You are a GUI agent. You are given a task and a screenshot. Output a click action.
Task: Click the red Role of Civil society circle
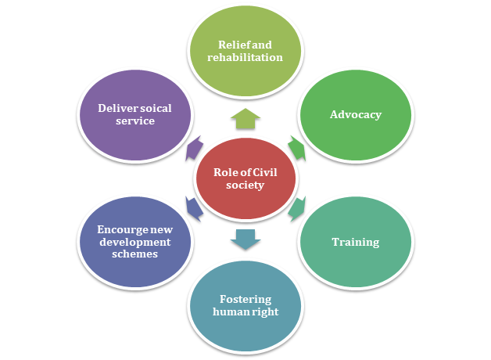246,179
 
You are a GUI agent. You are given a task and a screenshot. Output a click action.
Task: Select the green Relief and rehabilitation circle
246,51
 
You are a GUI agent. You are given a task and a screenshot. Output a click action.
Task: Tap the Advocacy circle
357,115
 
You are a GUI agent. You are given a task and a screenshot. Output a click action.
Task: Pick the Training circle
357,242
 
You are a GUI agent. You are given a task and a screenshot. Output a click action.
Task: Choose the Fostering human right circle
246,306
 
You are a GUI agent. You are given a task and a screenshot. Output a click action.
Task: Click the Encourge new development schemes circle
134,242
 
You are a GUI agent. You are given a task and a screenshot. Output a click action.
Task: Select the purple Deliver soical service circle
134,115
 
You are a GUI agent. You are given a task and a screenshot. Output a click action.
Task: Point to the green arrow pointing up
246,118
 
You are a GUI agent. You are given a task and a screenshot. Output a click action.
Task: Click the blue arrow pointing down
246,239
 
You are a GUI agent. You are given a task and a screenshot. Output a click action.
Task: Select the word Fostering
245,300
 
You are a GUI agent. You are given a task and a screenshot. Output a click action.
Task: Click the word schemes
134,254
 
